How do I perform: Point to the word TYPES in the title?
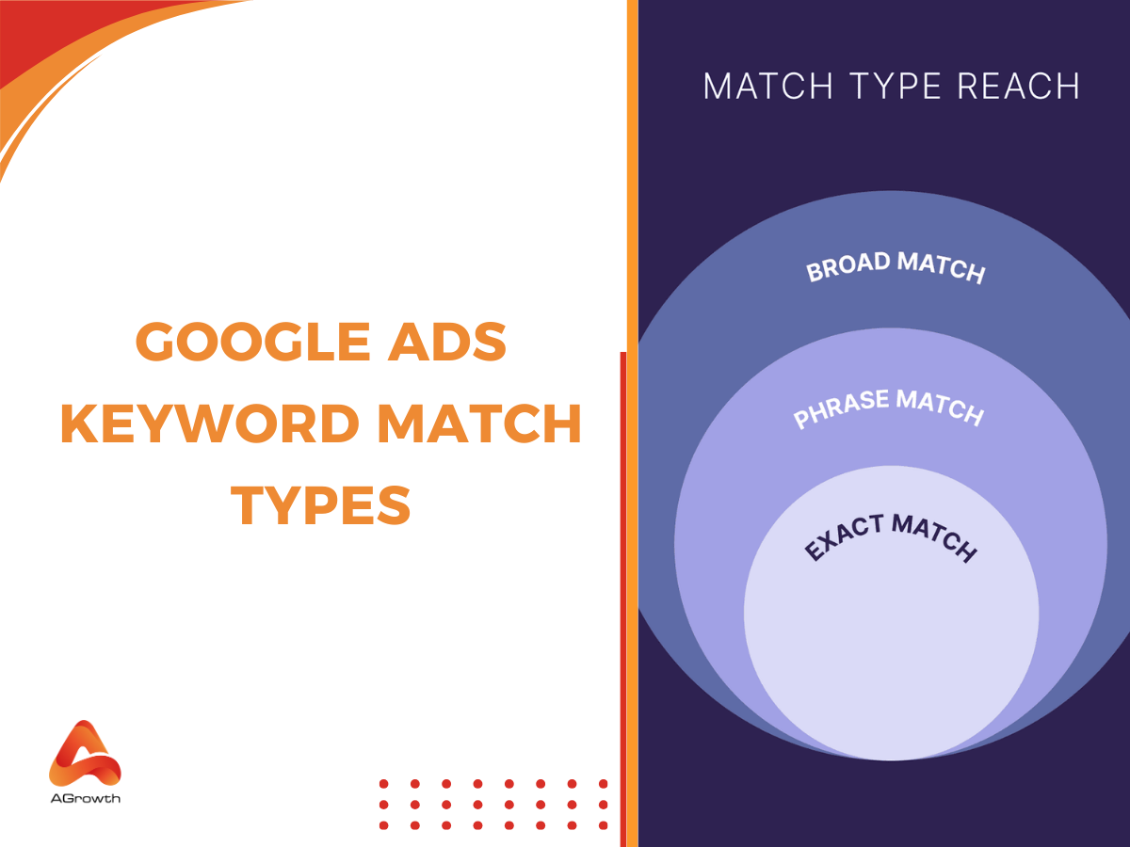coord(323,505)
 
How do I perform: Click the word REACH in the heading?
coord(1018,87)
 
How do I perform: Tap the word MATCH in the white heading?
coord(768,87)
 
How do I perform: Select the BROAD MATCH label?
coord(896,267)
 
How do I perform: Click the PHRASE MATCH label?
coord(889,408)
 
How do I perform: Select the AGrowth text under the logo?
coord(85,799)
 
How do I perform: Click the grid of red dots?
coord(493,804)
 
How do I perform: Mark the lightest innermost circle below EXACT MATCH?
coord(891,659)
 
